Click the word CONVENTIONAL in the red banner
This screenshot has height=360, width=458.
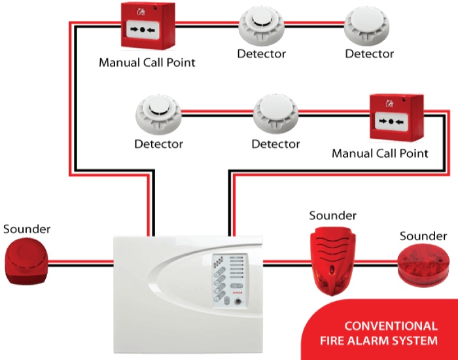391,326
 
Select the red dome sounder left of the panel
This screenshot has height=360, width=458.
26,260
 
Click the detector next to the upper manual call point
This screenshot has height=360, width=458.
262,27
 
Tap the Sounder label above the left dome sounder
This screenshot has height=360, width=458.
27,229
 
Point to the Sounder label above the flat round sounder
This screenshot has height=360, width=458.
423,236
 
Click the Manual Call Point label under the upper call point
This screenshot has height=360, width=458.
147,63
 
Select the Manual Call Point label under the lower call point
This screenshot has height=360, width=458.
380,154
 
